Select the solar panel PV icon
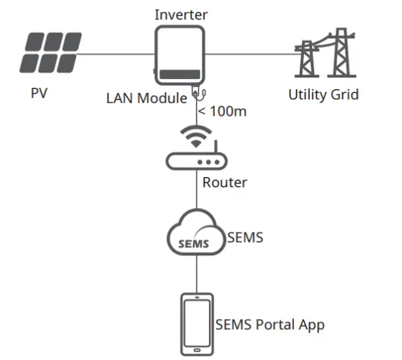(52, 53)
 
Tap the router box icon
(197, 160)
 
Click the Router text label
(224, 182)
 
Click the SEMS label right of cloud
(246, 238)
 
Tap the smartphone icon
(197, 324)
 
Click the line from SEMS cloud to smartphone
(197, 274)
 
